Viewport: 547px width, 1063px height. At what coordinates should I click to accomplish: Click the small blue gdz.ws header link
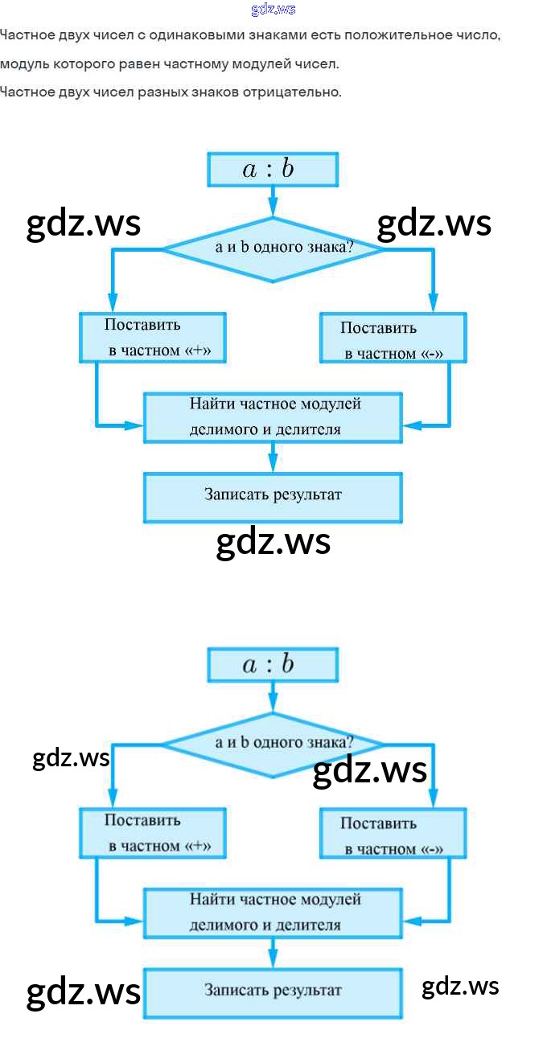[273, 10]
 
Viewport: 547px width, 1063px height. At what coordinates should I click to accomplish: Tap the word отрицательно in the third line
[301, 92]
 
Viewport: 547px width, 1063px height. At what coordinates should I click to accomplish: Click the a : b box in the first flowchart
[273, 170]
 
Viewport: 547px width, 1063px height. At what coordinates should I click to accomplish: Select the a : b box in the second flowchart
[273, 665]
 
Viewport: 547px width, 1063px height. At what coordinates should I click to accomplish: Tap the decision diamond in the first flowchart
[273, 249]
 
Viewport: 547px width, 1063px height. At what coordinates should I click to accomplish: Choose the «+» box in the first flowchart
[152, 338]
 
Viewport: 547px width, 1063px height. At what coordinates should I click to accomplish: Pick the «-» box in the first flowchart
[393, 339]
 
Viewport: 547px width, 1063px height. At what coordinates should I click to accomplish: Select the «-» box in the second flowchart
[393, 834]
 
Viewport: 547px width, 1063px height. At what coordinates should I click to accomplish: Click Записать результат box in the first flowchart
[273, 497]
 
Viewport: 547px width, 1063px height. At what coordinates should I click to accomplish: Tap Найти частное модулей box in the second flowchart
[273, 912]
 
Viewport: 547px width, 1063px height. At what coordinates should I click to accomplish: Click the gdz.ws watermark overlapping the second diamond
[369, 770]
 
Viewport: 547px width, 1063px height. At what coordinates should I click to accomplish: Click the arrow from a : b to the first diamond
[273, 201]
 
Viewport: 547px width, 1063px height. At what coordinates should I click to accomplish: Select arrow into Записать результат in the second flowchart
[273, 953]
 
